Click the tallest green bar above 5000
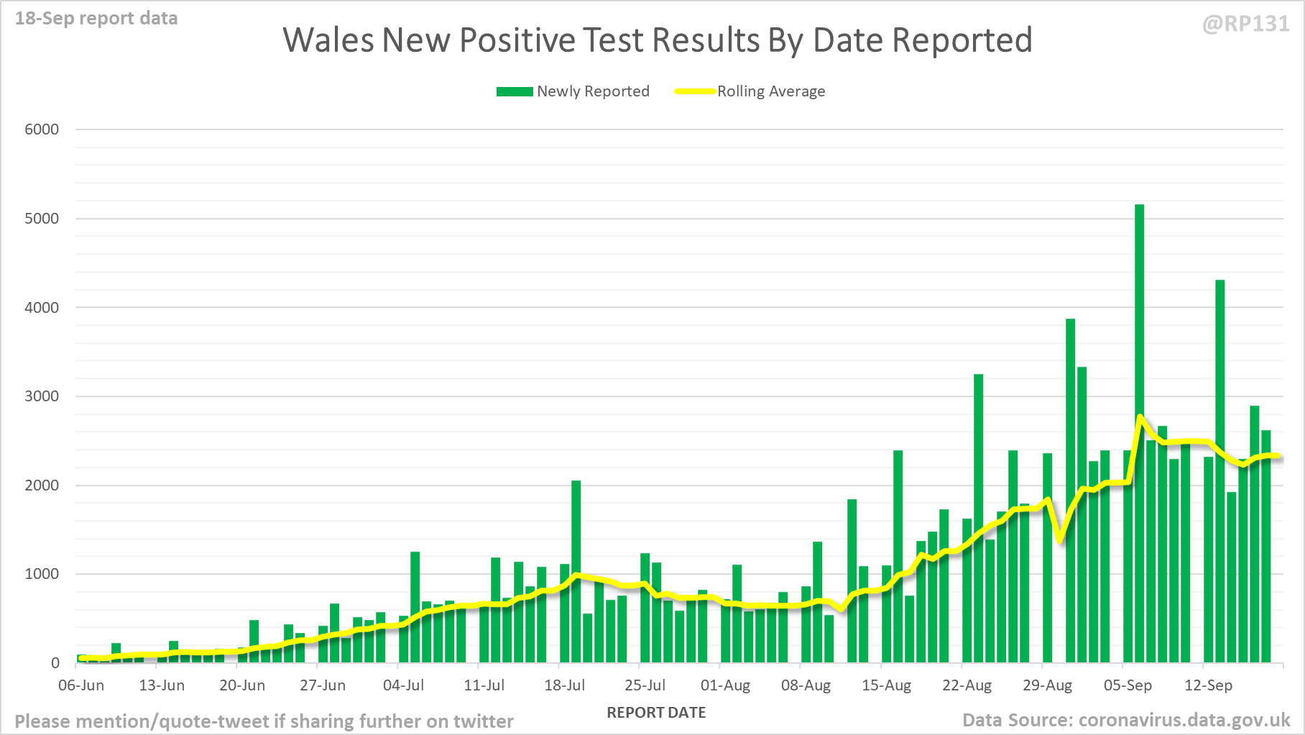1139,432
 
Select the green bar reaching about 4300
1219,467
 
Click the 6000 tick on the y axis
42,129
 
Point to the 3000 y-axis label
42,396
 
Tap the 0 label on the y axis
55,663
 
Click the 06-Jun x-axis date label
81,685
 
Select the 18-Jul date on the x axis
564,685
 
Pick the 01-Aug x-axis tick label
725,685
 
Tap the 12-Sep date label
1208,685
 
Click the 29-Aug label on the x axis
1047,685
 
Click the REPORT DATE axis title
656,713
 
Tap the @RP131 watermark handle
1245,24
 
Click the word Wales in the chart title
328,40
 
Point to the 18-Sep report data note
96,18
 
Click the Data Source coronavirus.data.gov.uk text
1126,720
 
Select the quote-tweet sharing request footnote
264,721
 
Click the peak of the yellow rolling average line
1140,416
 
